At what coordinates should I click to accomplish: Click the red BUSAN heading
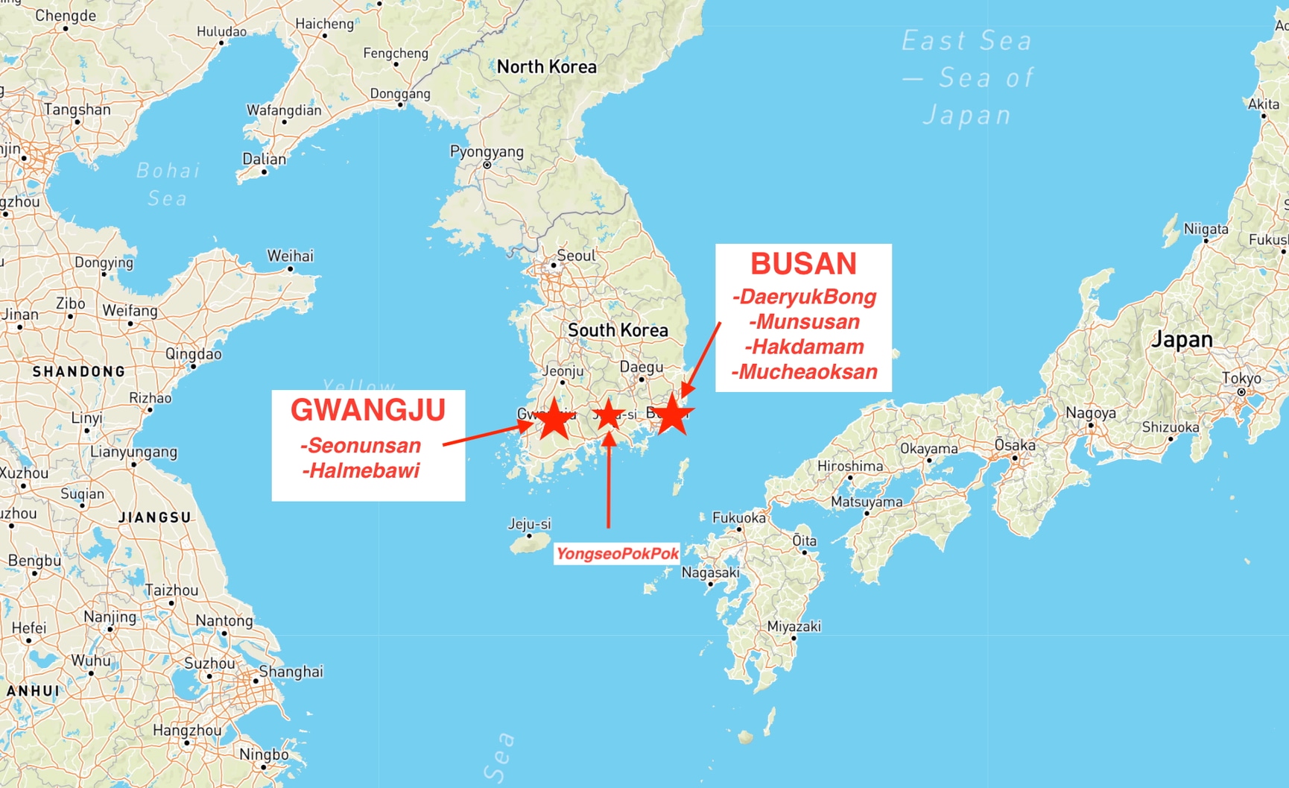click(x=803, y=264)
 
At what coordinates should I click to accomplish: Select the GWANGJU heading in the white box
click(x=368, y=410)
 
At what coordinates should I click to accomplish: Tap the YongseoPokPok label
click(x=617, y=553)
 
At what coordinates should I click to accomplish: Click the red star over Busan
click(x=672, y=415)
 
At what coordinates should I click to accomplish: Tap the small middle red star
click(x=609, y=415)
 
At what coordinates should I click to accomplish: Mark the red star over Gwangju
click(x=554, y=419)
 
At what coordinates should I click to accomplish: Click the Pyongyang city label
click(x=487, y=152)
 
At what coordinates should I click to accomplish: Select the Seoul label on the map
click(x=576, y=256)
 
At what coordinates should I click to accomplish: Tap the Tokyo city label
click(x=1241, y=379)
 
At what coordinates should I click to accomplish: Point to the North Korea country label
click(x=546, y=67)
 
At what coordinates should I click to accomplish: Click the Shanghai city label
click(x=291, y=672)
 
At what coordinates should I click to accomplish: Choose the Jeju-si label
click(x=529, y=524)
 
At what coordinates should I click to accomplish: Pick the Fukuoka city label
click(x=738, y=517)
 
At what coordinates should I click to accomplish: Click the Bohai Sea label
click(x=168, y=184)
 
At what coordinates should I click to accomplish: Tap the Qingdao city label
click(x=194, y=354)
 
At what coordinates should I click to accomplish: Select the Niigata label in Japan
click(x=1206, y=230)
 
